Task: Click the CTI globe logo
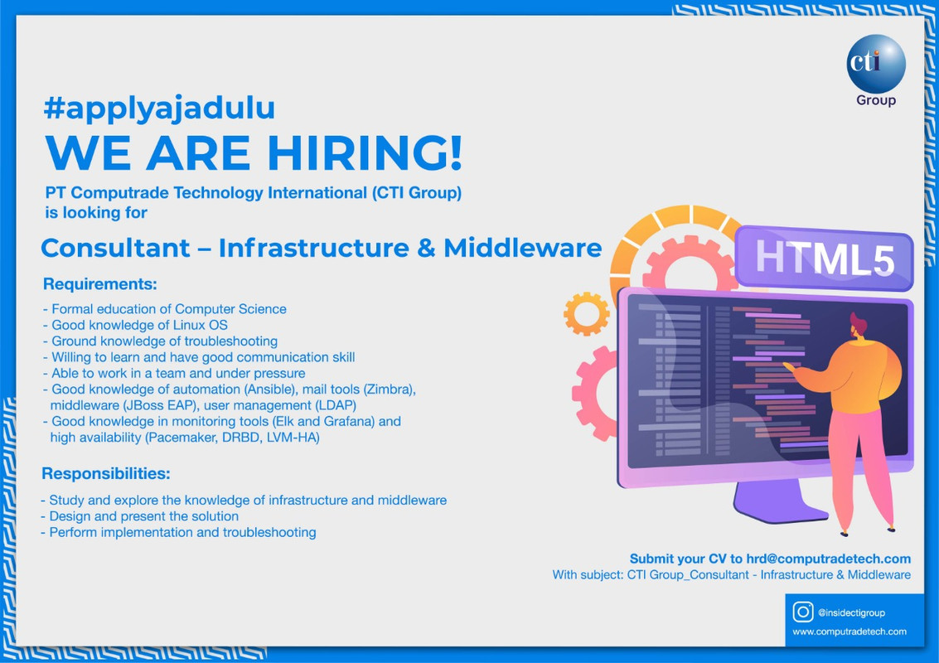click(x=875, y=64)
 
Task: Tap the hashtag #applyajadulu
click(x=159, y=109)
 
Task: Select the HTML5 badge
click(x=825, y=258)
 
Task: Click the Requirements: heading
click(x=100, y=284)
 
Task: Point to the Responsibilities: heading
click(x=106, y=474)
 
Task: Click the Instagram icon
click(x=802, y=612)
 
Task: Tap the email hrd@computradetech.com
click(x=828, y=559)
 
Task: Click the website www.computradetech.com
click(x=849, y=632)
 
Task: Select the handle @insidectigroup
click(x=851, y=612)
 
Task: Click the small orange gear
click(x=586, y=313)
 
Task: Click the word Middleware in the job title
click(x=523, y=248)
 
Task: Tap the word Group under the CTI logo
click(x=876, y=100)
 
